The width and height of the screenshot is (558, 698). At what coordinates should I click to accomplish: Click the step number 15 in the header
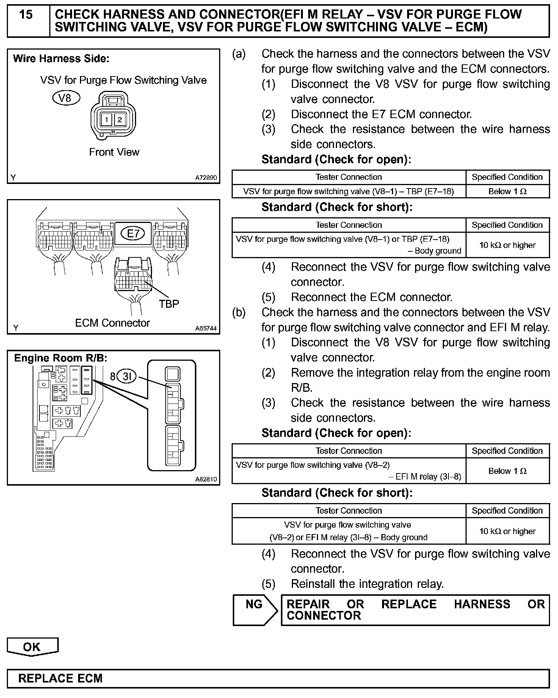26,15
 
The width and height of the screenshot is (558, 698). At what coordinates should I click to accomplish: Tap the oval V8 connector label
66,98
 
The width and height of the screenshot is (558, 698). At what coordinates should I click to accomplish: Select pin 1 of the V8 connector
107,120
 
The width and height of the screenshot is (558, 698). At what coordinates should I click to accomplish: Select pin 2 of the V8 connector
120,120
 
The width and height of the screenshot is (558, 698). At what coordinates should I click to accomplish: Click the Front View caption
114,152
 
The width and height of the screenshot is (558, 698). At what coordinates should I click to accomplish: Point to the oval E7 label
133,233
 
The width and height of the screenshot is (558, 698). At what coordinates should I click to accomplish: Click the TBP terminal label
169,304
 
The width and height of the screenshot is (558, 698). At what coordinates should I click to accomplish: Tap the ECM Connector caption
112,323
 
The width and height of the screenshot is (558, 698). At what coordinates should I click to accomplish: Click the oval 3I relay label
127,376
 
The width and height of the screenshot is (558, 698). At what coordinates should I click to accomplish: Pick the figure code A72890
206,177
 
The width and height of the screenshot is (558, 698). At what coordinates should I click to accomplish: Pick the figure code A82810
206,479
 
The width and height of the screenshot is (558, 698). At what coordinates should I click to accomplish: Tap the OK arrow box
32,647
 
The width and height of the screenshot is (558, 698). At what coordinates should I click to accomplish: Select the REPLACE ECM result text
60,678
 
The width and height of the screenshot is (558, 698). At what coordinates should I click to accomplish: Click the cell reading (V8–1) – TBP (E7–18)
348,192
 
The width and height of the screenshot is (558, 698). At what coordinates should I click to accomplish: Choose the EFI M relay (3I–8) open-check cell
348,471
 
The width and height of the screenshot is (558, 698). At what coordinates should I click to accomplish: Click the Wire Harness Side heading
61,59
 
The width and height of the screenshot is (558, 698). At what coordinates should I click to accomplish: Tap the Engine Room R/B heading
60,358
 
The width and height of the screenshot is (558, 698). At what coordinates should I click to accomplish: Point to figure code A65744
206,328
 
